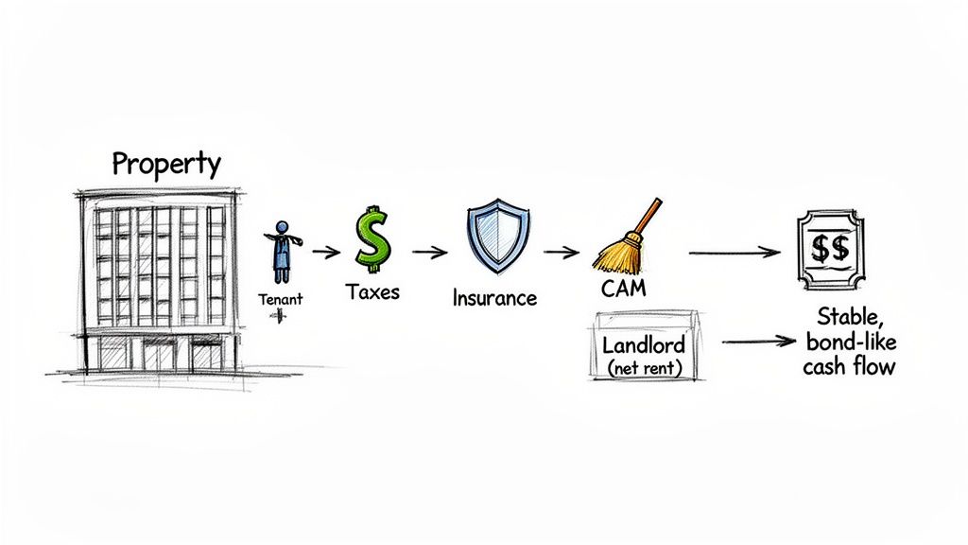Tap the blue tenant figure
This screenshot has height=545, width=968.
(282, 251)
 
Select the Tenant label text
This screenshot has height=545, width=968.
(281, 299)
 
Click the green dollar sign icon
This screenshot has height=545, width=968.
(372, 238)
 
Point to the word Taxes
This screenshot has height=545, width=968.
(372, 291)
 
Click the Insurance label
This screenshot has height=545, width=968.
(493, 298)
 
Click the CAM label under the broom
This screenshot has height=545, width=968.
(623, 289)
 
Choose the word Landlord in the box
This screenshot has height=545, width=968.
(643, 344)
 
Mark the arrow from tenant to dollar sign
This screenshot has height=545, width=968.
(326, 252)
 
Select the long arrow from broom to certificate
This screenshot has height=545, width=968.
(735, 253)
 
